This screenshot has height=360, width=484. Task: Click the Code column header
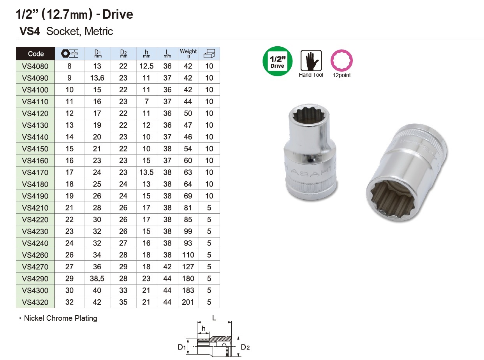click(x=36, y=54)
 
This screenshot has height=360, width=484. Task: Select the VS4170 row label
click(x=35, y=172)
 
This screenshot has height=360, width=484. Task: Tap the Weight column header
click(x=188, y=53)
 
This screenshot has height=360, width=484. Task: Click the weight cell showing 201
click(x=188, y=302)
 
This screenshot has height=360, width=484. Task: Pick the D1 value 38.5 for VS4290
click(x=97, y=279)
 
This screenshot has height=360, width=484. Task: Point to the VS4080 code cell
click(x=35, y=66)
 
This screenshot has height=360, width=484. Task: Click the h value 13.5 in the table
click(x=146, y=172)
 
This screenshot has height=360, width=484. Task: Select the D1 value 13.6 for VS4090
click(x=97, y=78)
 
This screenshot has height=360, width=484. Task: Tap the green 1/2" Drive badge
click(x=277, y=61)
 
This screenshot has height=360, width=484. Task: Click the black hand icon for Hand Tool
click(x=311, y=61)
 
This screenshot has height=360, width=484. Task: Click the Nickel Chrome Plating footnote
click(x=60, y=318)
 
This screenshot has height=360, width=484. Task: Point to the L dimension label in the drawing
click(x=214, y=318)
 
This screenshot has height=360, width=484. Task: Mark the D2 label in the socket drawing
click(x=245, y=347)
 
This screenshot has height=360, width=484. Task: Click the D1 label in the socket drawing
click(x=182, y=347)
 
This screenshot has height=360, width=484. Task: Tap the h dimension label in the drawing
click(x=203, y=329)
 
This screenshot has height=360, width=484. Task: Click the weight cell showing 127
click(x=188, y=267)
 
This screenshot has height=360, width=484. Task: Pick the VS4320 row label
click(x=35, y=302)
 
